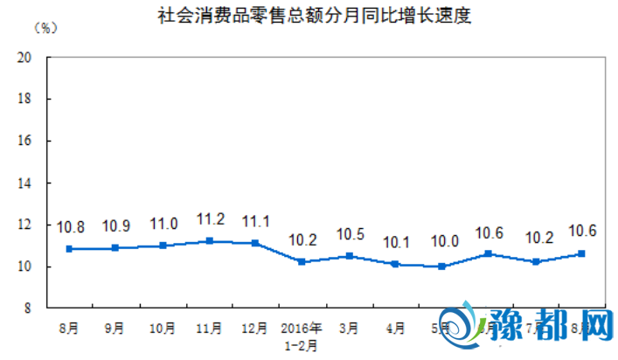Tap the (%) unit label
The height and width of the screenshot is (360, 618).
[45, 29]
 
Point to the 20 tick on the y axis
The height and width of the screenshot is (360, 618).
[25, 57]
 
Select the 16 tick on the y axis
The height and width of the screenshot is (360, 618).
[25, 141]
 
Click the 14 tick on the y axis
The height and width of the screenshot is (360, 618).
[25, 183]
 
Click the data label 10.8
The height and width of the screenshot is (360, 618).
[69, 228]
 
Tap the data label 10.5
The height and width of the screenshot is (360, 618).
[349, 235]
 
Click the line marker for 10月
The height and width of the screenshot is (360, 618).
[163, 246]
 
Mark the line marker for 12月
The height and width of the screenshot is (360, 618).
[255, 243]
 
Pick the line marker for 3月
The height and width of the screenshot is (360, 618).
[349, 256]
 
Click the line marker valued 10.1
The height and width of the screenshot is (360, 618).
[395, 264]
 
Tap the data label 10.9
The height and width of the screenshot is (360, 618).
[115, 226]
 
